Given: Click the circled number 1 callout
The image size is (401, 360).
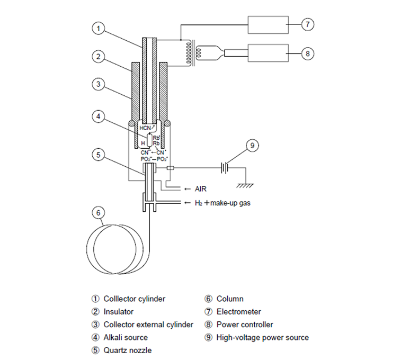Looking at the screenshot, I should [97, 29].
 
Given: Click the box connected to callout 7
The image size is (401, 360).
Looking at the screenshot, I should [268, 24].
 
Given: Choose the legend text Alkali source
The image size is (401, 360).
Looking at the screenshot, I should [126, 337].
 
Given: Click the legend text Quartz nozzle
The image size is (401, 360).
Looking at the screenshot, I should [128, 350].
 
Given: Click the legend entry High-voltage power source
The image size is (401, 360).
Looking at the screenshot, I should [262, 337].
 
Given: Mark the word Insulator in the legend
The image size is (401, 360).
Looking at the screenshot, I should [119, 312].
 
